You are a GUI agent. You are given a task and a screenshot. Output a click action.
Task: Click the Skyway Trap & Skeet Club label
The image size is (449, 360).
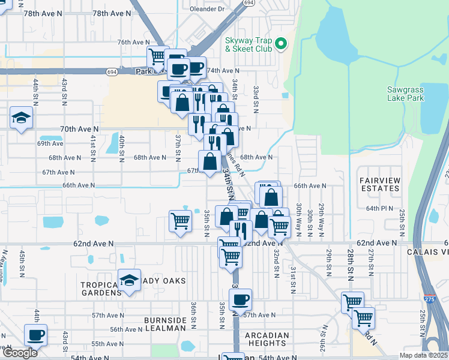249,45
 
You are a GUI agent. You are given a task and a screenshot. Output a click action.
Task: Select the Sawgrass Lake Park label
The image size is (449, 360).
406,94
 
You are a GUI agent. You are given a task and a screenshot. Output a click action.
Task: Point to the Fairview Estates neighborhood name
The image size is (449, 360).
379,184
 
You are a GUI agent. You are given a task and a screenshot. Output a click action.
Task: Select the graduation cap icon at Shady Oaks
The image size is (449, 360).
128,281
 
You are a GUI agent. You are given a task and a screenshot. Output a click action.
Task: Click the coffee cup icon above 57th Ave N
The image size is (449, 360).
240,299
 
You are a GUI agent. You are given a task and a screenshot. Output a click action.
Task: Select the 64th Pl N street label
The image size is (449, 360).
379,208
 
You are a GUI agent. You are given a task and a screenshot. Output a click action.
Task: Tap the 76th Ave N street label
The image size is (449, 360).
133,42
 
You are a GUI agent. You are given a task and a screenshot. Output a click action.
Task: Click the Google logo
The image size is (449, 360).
19,352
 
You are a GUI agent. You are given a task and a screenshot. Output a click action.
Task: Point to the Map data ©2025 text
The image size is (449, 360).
423,355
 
